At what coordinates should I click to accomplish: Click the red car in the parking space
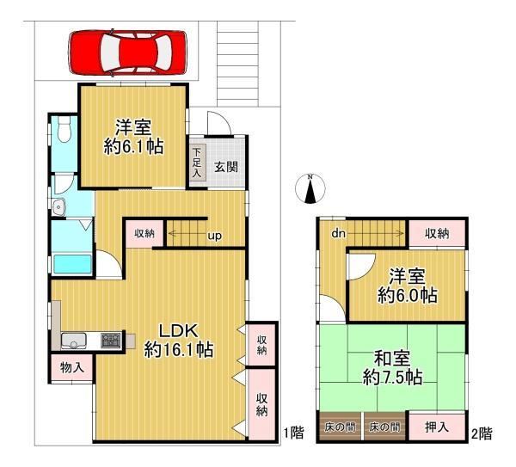click(x=127, y=52)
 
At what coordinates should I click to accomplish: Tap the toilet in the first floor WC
click(x=64, y=128)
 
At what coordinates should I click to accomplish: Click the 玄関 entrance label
click(x=226, y=167)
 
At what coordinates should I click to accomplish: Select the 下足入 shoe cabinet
click(x=197, y=163)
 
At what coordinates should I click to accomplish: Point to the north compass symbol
click(x=310, y=188)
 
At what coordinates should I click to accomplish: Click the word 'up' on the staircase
click(x=214, y=236)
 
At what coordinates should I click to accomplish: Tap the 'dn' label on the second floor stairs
click(x=338, y=233)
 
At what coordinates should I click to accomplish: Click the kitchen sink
click(x=74, y=341)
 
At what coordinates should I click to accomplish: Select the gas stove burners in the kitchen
click(x=111, y=340)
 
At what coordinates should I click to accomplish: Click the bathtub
click(x=72, y=264)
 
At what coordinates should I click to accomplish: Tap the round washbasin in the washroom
click(x=59, y=207)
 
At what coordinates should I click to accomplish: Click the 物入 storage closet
click(x=72, y=367)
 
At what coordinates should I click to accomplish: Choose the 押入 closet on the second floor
click(x=437, y=427)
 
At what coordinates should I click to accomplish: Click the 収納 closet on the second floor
click(x=437, y=233)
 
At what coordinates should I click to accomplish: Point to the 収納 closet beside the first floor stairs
click(x=144, y=233)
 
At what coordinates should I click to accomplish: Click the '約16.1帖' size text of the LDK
click(x=179, y=349)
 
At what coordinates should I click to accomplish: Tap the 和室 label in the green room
click(x=392, y=358)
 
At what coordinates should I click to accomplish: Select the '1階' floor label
click(x=294, y=433)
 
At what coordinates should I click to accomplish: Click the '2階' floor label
click(x=482, y=433)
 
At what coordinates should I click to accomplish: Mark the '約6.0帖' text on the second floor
click(x=408, y=295)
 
